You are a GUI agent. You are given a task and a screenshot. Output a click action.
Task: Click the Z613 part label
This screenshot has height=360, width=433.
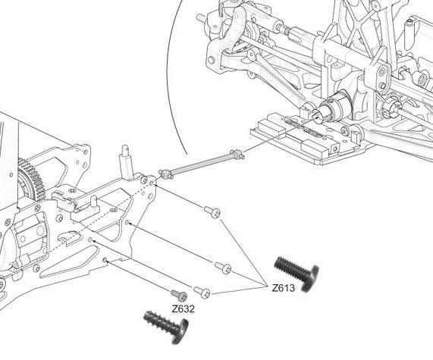284,288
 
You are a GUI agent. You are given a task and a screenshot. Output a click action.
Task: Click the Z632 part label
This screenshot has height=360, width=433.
183,308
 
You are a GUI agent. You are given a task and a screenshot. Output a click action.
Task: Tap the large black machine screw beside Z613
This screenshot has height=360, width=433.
297,273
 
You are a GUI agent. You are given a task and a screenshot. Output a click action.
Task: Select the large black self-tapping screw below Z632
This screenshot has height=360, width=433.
166,327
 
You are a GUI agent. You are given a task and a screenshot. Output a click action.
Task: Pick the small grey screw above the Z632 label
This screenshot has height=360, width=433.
179,295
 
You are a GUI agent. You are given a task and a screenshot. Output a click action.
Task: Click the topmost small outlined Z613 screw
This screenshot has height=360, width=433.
212,212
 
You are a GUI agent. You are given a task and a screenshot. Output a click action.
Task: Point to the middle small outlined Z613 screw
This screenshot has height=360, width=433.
223,268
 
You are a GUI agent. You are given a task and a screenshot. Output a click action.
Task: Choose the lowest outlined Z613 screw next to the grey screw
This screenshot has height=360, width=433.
202,292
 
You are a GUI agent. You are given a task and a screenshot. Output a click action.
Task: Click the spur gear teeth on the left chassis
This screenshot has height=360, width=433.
31,179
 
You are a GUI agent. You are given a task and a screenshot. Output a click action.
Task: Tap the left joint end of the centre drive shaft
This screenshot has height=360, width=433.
166,174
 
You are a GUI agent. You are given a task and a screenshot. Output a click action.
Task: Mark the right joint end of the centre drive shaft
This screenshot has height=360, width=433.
237,155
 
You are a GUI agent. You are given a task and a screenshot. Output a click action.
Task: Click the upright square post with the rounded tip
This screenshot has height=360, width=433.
126,162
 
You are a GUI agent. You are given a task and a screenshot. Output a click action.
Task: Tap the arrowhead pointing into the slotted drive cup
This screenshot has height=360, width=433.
315,118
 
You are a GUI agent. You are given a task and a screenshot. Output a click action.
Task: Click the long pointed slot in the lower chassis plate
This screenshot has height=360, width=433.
69,261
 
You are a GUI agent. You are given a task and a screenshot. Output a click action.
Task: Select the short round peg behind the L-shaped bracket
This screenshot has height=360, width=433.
94,202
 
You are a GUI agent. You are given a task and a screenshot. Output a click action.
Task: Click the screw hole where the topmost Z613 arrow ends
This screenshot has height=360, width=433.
152,183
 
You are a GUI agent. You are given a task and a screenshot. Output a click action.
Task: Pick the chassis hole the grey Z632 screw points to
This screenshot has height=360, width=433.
105,260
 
